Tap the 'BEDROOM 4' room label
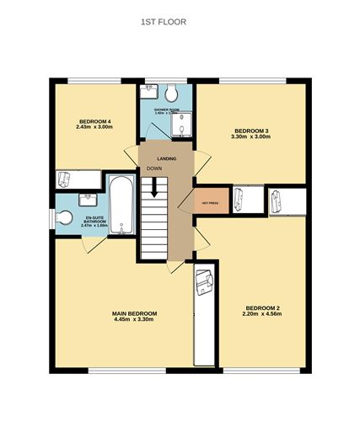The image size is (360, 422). coord(95,121)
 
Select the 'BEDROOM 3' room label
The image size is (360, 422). coord(251,131)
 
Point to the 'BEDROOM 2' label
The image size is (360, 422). coord(262,307)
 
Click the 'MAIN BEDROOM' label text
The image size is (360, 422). coord(134,313)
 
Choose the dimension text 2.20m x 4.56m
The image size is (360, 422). coord(262,314)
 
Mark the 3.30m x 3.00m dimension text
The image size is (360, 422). coord(251,137)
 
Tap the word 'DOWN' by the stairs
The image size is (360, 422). coord(153,168)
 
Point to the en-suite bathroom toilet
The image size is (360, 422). coord(65,217)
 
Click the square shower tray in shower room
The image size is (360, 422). coord(180,125)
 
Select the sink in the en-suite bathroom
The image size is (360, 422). coord(87,199)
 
